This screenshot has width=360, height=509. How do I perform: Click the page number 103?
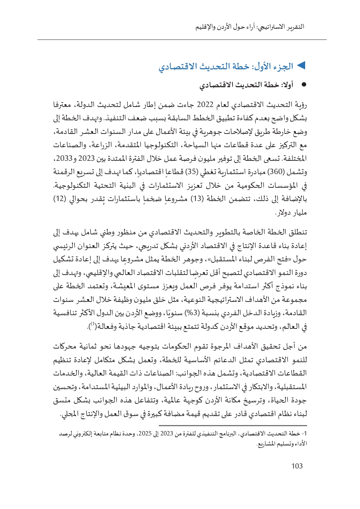click(x=297, y=466)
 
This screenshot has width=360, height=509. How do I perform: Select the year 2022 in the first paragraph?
click(x=205, y=105)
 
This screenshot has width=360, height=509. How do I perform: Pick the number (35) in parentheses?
click(x=191, y=172)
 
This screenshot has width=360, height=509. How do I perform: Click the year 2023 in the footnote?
click(x=167, y=434)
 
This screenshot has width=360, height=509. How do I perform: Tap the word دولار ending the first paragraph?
click(x=284, y=213)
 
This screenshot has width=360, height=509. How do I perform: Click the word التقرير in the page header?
click(x=295, y=27)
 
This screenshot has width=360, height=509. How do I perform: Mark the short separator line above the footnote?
click(x=233, y=426)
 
